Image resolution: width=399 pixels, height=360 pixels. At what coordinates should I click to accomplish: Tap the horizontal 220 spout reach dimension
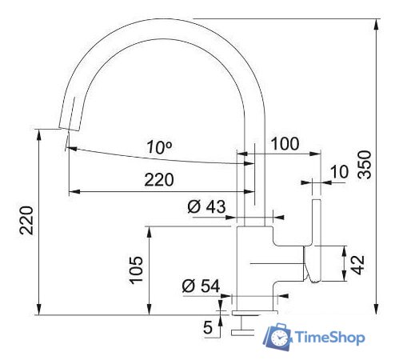(158, 180)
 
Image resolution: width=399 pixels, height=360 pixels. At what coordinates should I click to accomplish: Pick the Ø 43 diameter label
(207, 206)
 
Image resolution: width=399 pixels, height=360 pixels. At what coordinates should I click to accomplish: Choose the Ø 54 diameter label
(200, 286)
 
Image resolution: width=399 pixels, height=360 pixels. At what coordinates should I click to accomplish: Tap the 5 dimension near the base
(207, 327)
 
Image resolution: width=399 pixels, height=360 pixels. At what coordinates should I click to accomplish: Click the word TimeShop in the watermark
(329, 338)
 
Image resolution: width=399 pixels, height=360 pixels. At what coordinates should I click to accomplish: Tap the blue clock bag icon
(277, 338)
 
